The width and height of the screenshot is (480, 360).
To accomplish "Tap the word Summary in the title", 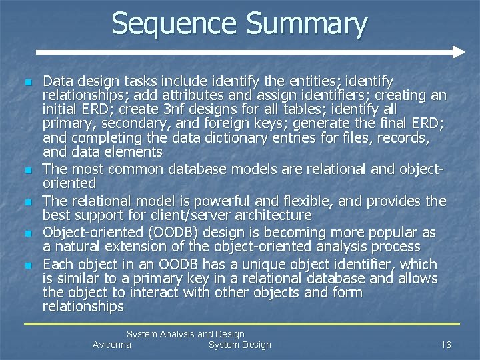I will pos(307,25).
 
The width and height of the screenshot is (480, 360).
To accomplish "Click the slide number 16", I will pos(446,345).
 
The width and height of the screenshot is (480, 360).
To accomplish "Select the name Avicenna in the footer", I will pos(112,345).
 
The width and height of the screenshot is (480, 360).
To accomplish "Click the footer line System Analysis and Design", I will pos(185,334).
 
